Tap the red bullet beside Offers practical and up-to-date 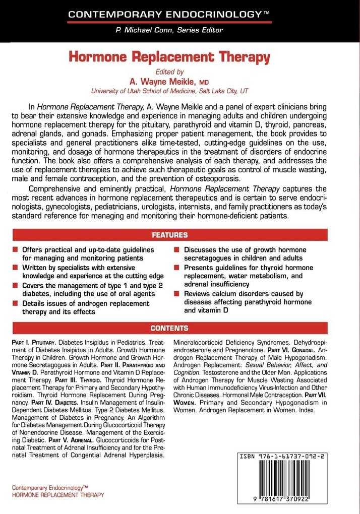pyautogui.click(x=16, y=250)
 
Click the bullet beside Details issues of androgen pyautogui.click(x=16, y=304)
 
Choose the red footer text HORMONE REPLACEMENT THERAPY pyautogui.click(x=57, y=495)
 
